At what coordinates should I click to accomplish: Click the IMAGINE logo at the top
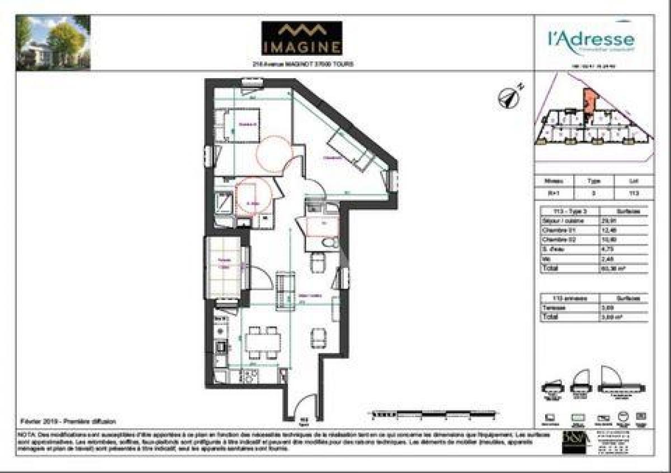[301, 39]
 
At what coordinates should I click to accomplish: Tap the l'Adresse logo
[590, 40]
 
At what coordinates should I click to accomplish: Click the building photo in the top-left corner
[53, 42]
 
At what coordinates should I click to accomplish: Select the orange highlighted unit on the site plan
[588, 103]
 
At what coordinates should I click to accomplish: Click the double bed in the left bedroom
[237, 126]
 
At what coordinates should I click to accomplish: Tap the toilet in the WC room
[330, 242]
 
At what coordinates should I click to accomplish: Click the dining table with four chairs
[263, 342]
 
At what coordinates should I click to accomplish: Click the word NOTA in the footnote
[27, 434]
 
